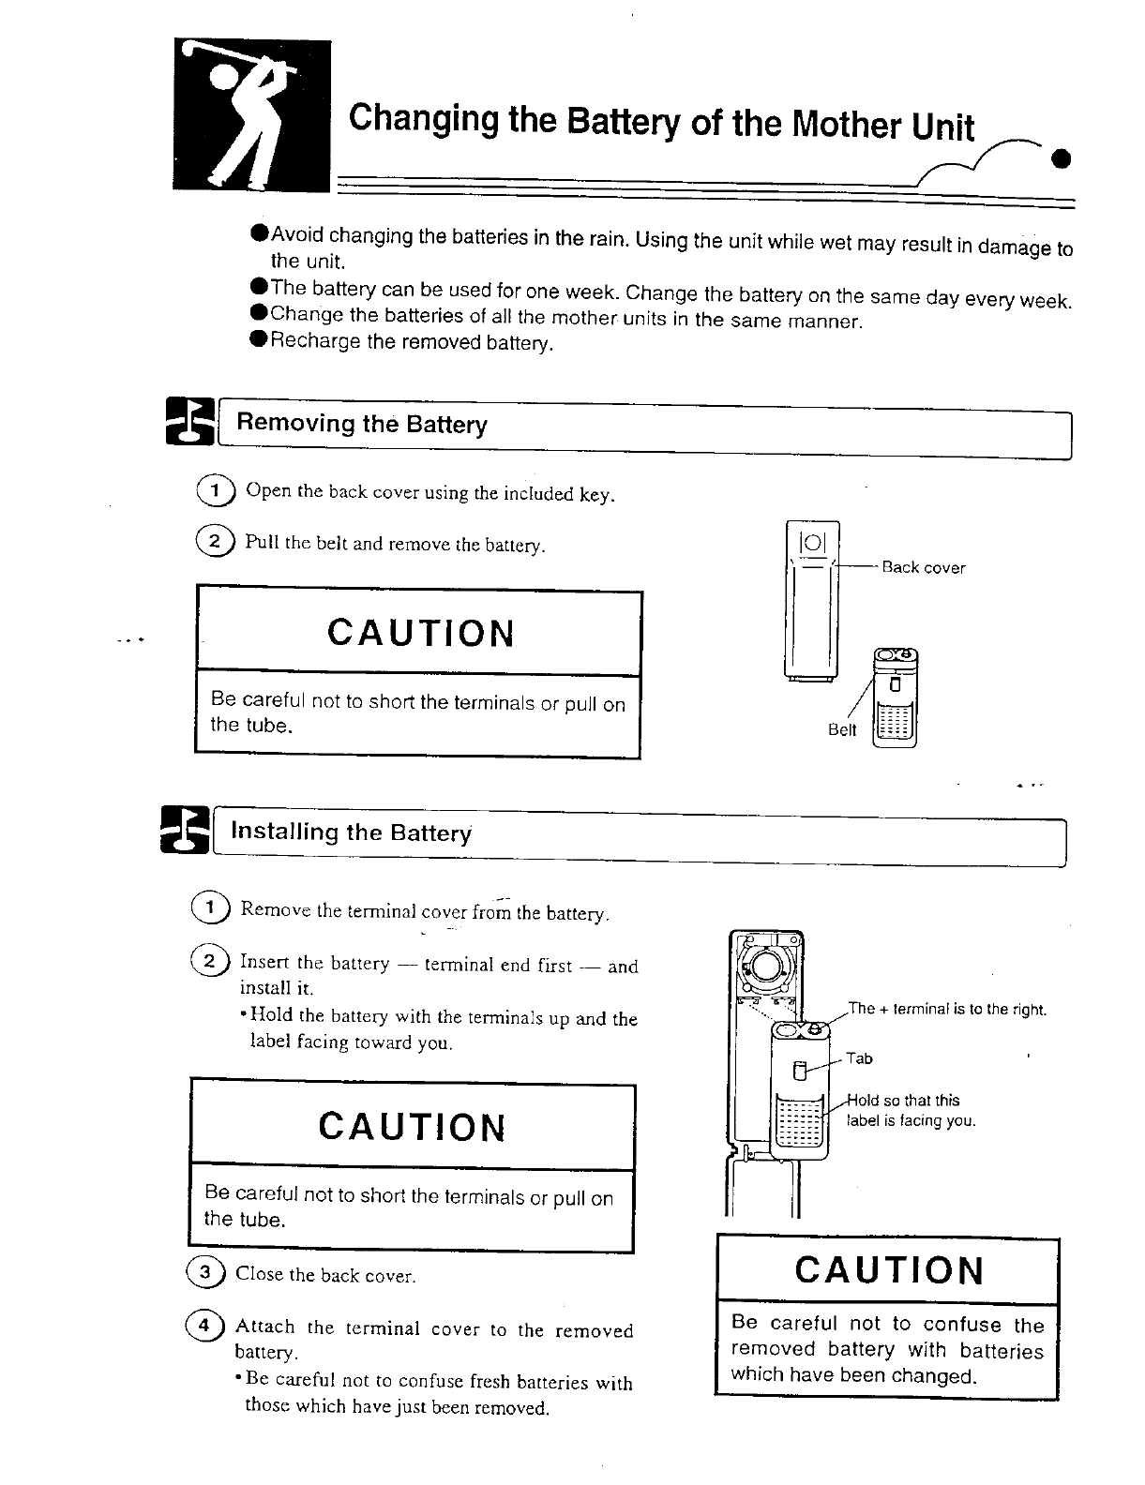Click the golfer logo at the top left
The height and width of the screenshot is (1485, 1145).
click(251, 115)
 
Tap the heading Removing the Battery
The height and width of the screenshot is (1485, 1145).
click(361, 424)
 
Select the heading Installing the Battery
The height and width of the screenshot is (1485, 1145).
click(351, 832)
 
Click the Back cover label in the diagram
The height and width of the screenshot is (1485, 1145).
click(923, 568)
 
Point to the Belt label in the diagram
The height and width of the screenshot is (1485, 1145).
click(841, 730)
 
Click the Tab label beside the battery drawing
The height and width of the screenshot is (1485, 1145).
click(859, 1058)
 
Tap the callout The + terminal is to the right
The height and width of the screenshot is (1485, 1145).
click(946, 1009)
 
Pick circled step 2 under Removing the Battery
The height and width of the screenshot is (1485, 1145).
click(213, 541)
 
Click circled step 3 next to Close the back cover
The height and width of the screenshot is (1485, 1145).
click(205, 1272)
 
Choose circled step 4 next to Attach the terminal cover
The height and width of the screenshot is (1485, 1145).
click(203, 1326)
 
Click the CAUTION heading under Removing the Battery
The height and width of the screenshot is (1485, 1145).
click(421, 634)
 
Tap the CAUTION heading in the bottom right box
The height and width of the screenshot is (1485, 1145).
click(889, 1271)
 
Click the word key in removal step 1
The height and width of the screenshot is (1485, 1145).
click(595, 494)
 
